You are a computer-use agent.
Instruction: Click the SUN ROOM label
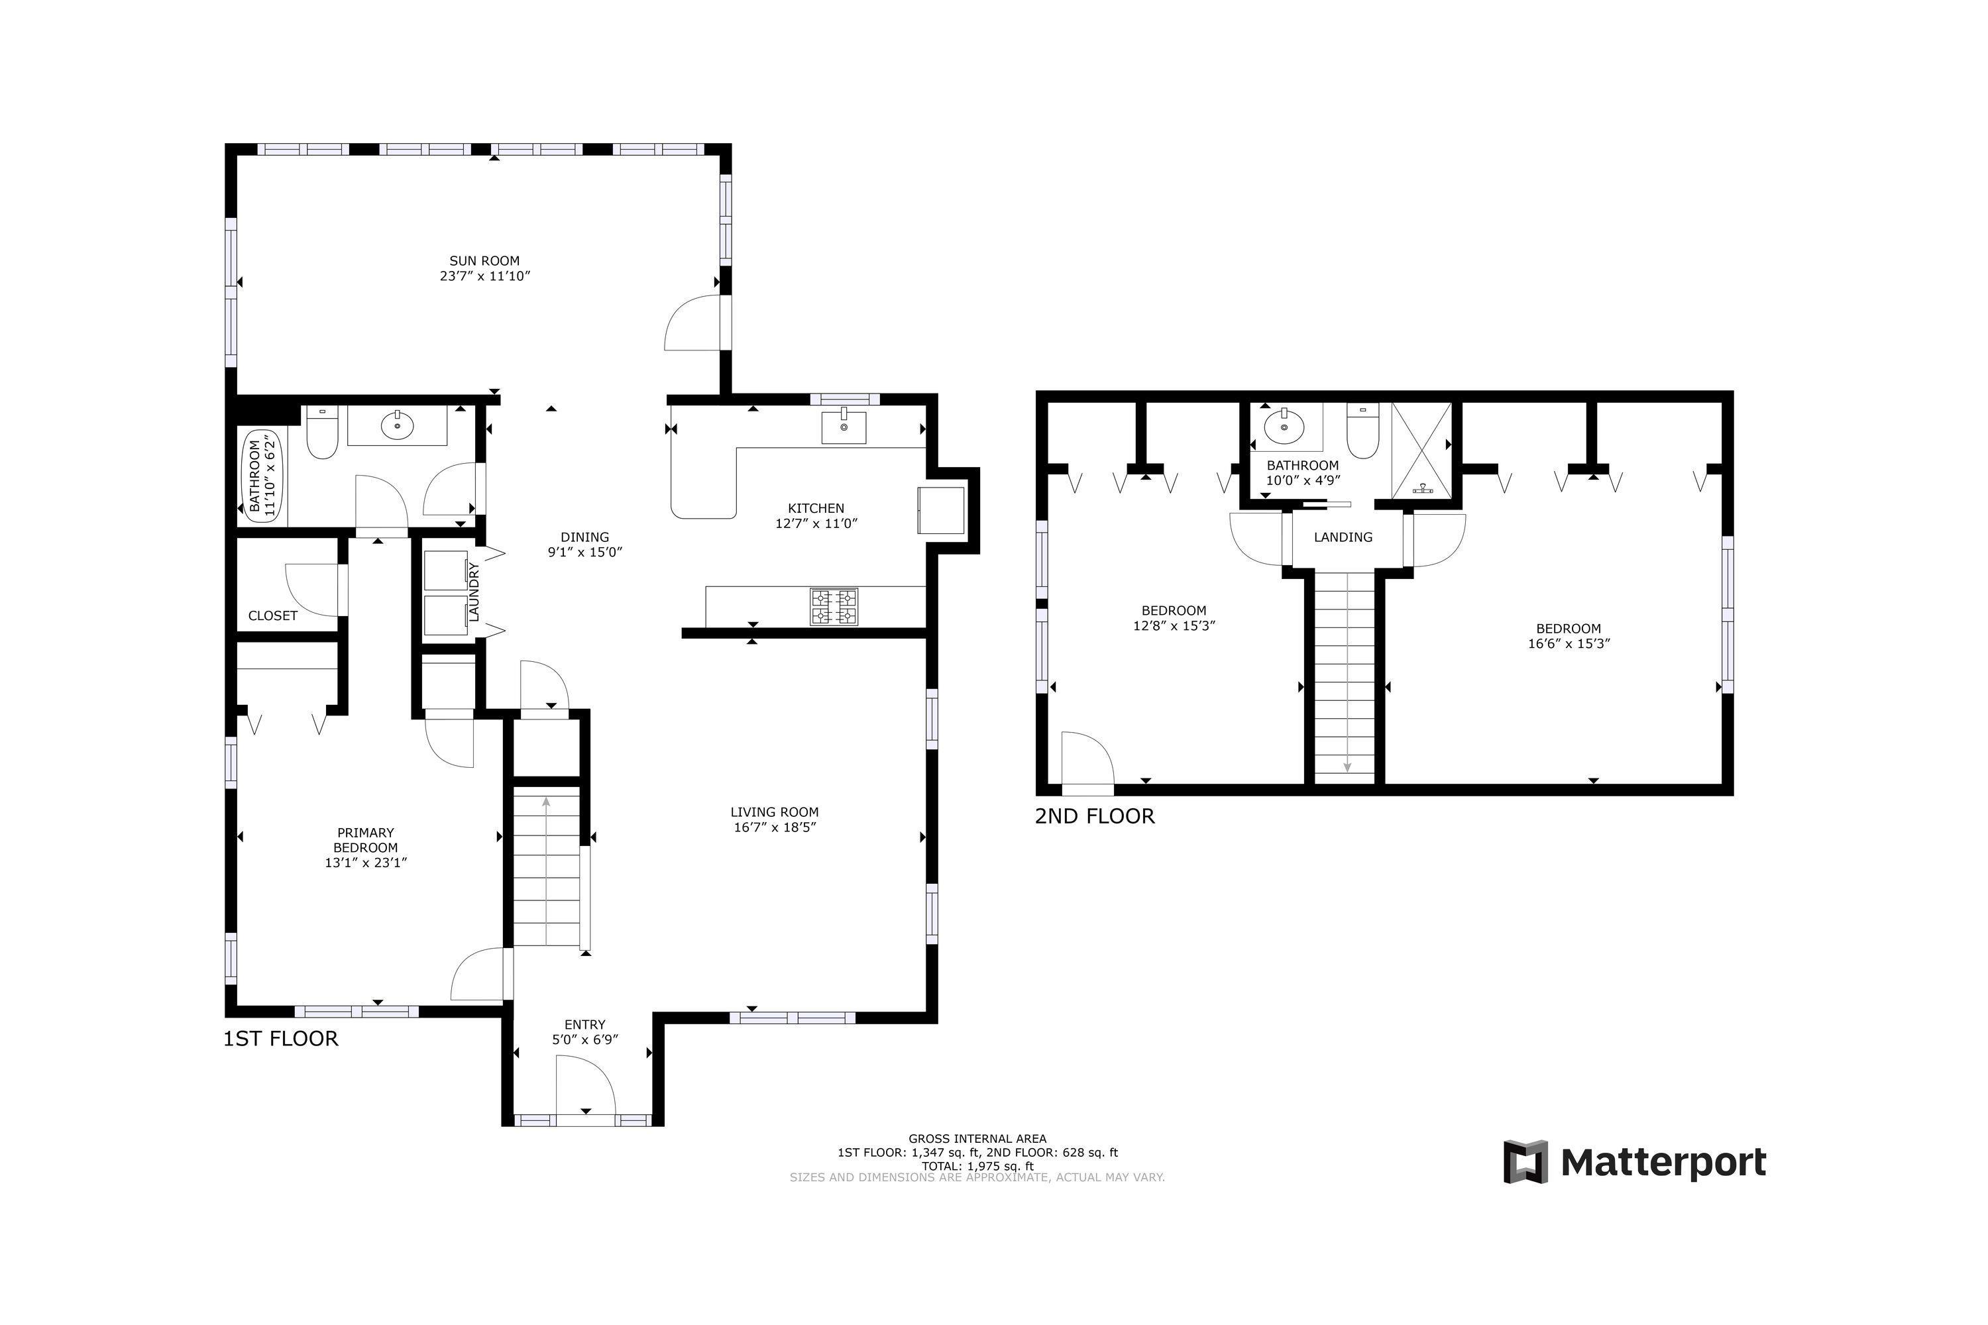[x=484, y=261]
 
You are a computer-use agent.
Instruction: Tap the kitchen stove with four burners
[x=834, y=606]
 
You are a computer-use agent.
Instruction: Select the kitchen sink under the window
[x=844, y=426]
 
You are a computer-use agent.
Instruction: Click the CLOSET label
[x=273, y=616]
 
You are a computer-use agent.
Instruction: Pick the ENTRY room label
[x=585, y=1025]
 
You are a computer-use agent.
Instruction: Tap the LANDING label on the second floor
[x=1343, y=537]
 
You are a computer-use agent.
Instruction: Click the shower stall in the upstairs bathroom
[x=1421, y=450]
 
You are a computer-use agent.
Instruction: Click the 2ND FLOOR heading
[x=1095, y=816]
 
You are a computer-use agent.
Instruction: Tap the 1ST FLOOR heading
[x=280, y=1039]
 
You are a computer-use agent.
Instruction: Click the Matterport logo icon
[x=1525, y=1162]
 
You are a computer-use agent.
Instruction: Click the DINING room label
[x=585, y=537]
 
